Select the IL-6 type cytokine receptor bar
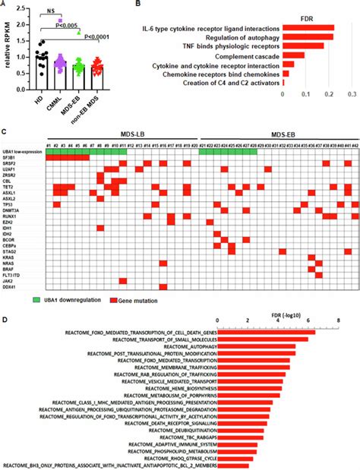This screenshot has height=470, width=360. point(308,27)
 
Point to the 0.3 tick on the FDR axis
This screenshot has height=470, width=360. point(352,94)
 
